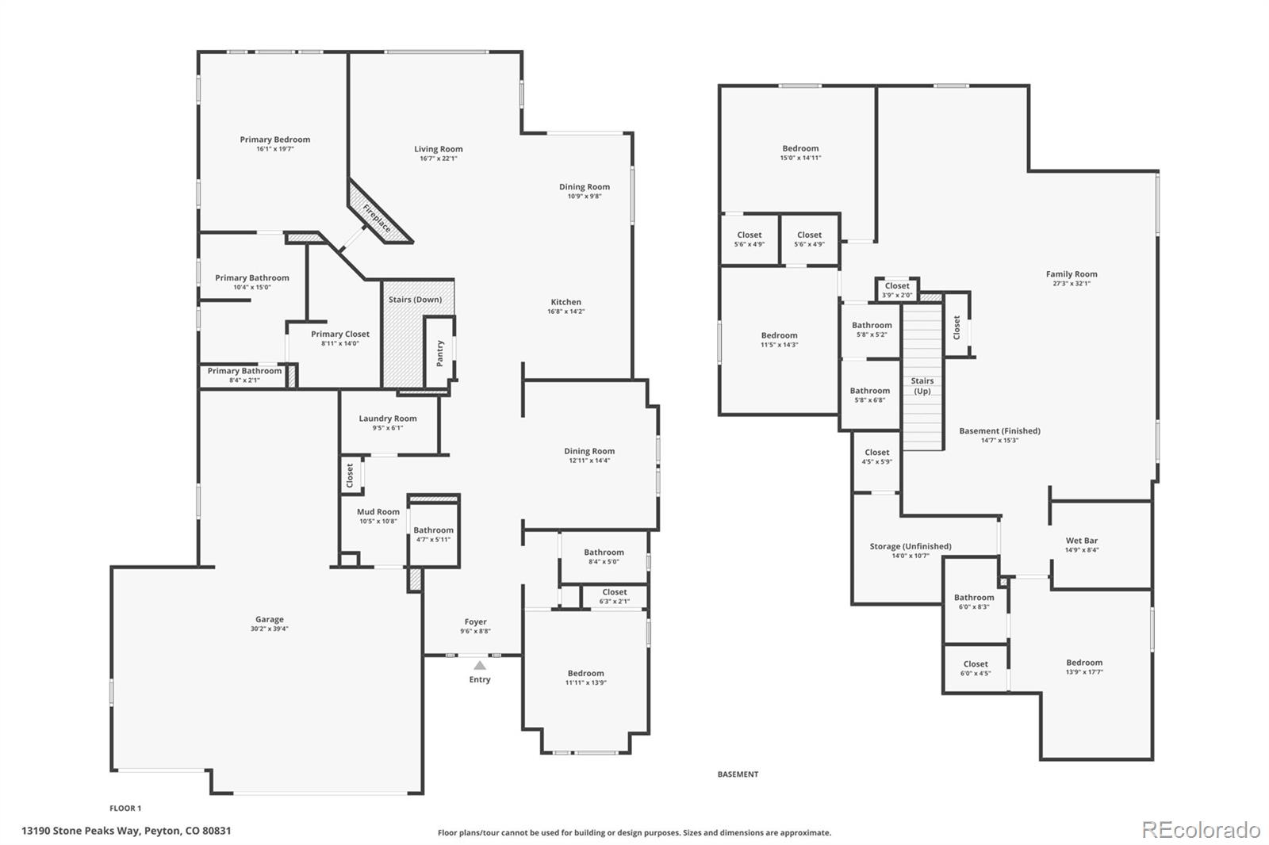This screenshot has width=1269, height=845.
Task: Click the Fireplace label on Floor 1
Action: click(378, 218)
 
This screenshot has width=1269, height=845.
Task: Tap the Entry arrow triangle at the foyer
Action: click(480, 665)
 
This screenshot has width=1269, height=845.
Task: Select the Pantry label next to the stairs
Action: click(440, 353)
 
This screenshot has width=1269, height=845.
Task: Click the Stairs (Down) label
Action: click(416, 300)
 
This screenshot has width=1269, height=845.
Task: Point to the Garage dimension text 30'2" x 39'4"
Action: click(270, 629)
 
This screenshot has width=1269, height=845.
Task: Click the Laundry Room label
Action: click(388, 419)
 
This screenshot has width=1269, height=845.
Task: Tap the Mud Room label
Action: click(378, 512)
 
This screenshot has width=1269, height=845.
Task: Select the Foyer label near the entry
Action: click(476, 622)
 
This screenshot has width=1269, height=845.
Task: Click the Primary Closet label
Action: click(340, 335)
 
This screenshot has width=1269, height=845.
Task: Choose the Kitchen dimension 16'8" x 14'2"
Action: click(566, 312)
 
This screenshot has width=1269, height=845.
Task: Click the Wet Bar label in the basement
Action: click(1082, 541)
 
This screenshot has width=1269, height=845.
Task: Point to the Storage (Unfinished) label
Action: click(911, 546)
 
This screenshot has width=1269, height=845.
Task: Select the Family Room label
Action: click(1072, 274)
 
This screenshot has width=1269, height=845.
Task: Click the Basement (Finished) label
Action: click(999, 431)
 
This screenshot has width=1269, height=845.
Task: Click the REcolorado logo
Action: click(1201, 830)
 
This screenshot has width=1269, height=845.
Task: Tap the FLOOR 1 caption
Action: click(125, 809)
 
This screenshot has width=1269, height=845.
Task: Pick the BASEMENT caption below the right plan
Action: click(738, 774)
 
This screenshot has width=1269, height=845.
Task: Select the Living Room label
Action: click(439, 149)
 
